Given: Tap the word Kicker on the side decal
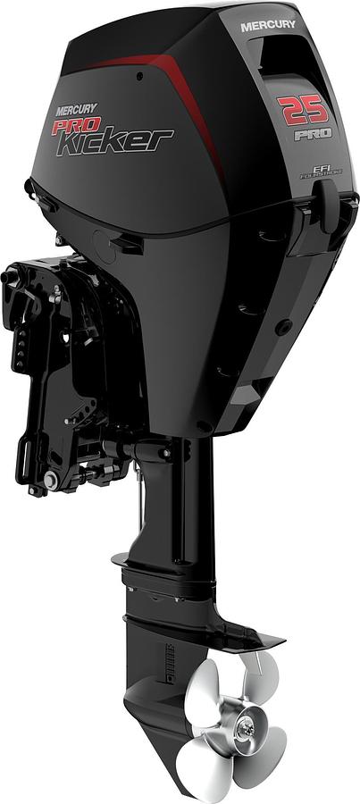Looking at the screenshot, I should tap(115, 139).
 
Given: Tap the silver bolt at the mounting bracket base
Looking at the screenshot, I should tap(50, 482).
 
